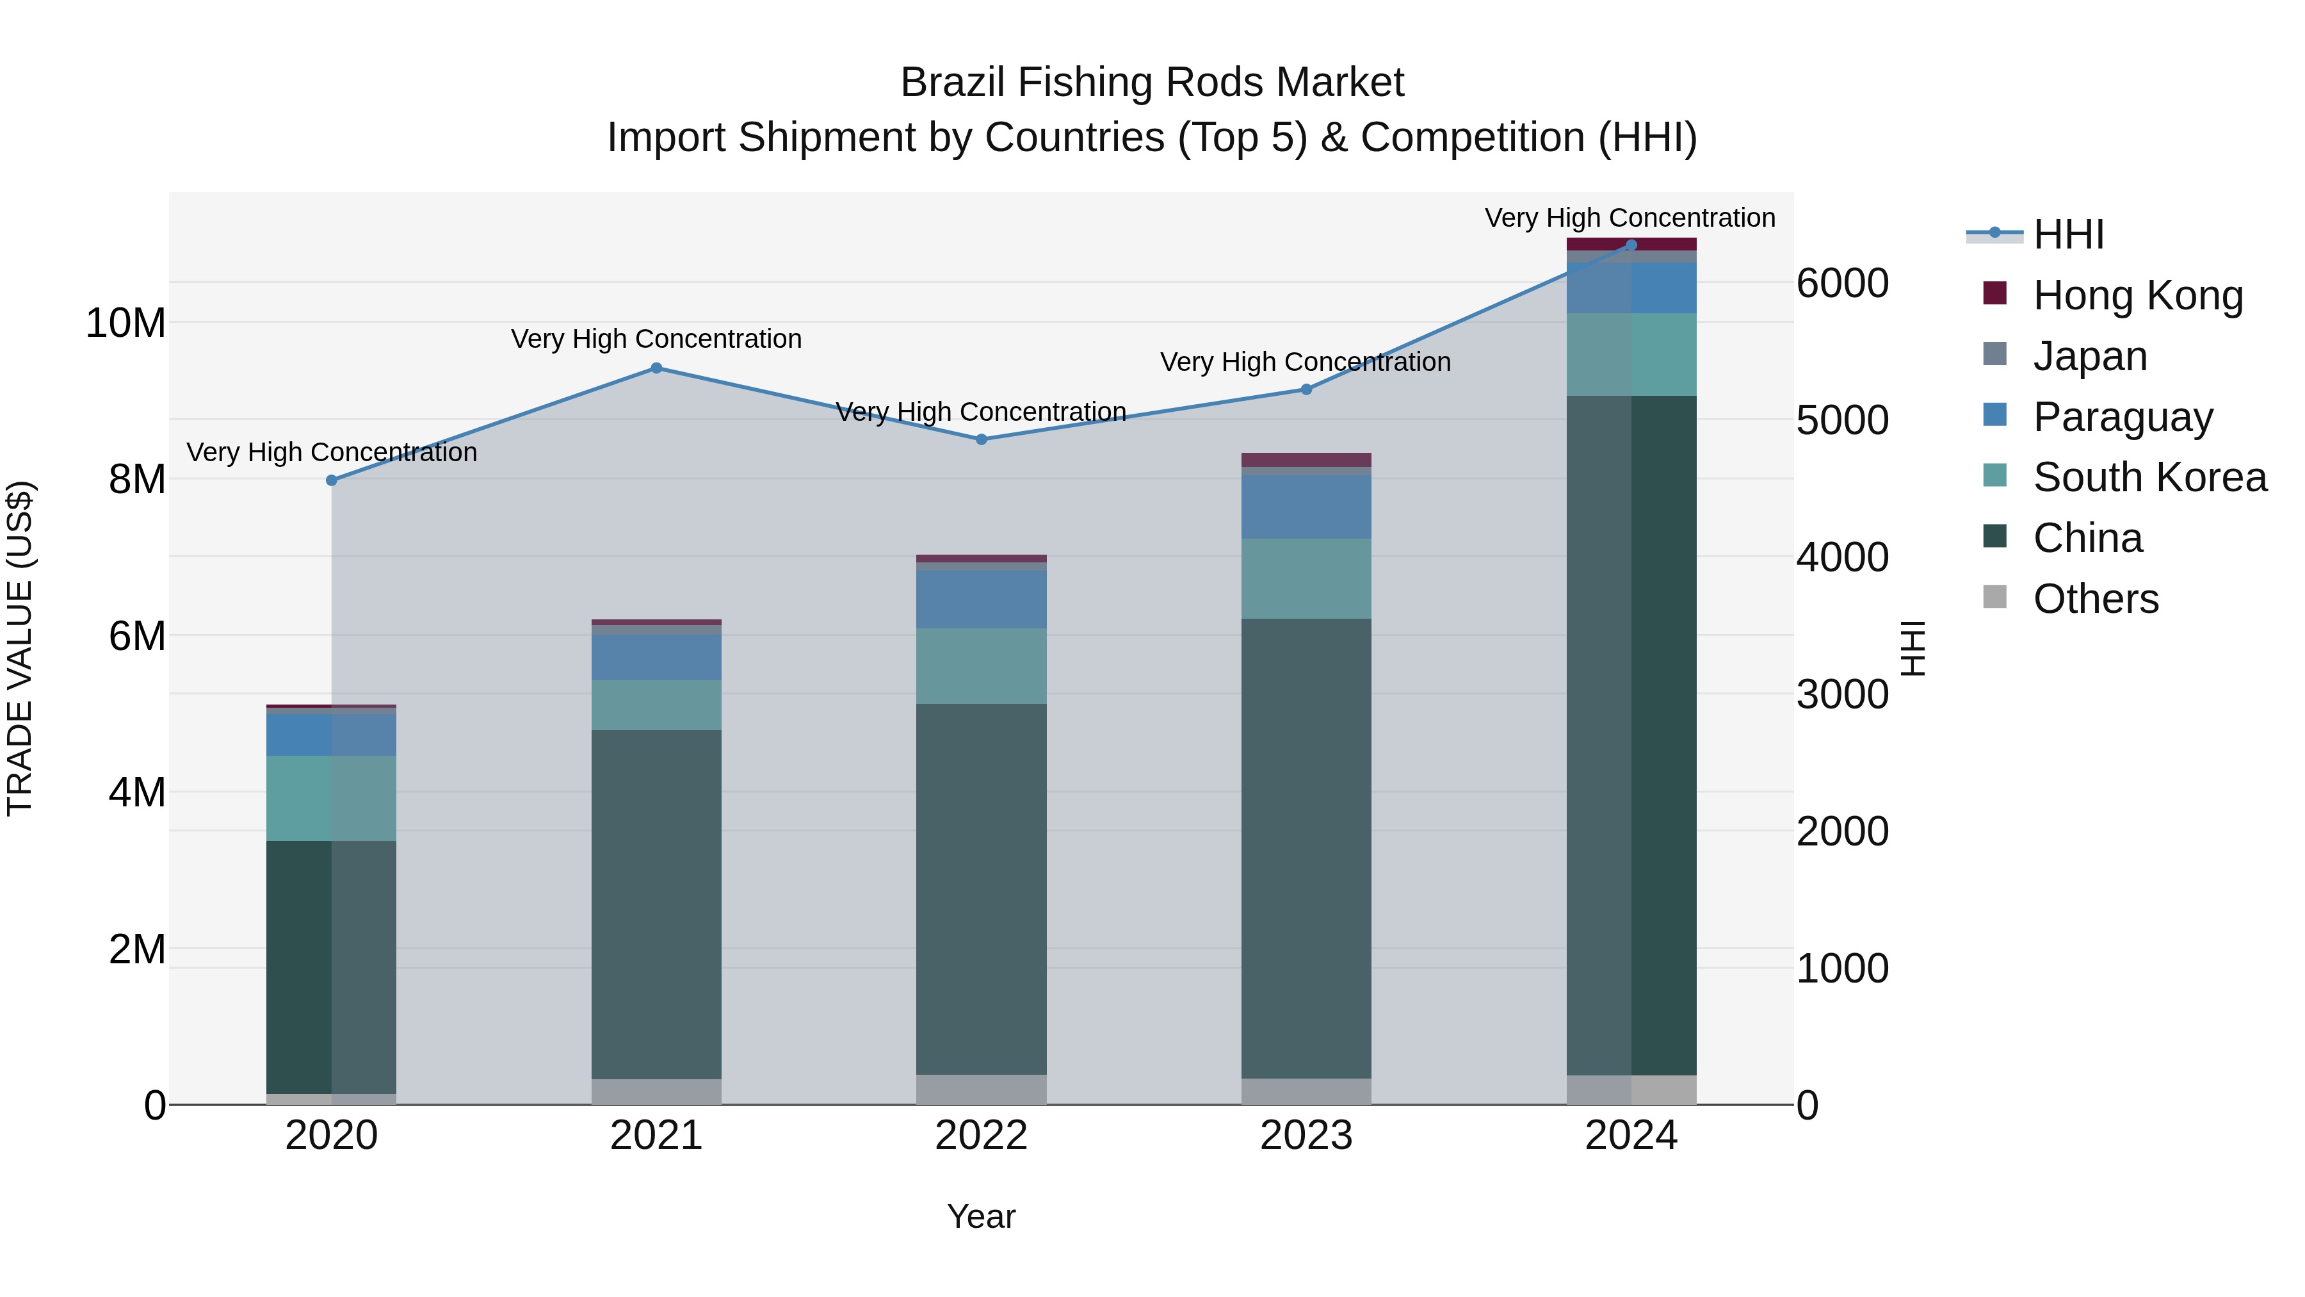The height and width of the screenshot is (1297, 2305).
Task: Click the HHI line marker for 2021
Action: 656,368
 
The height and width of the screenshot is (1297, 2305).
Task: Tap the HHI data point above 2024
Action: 1630,245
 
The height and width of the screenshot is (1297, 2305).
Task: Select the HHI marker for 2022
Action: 981,439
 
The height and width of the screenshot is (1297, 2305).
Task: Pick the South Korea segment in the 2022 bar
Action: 981,666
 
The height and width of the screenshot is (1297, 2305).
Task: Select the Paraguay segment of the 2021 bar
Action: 656,658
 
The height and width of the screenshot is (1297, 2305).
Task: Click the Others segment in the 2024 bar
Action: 1630,1089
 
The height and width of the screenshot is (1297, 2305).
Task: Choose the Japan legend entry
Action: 2089,355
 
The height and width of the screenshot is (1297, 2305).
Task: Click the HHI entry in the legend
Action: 2067,234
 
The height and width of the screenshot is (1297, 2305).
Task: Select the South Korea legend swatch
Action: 1994,475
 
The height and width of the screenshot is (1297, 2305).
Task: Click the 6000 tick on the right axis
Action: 1841,283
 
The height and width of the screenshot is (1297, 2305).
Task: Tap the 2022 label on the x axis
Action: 981,1136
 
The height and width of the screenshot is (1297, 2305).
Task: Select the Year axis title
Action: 981,1216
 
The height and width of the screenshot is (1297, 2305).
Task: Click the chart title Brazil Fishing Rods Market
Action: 1152,83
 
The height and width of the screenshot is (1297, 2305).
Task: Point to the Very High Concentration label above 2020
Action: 331,452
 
